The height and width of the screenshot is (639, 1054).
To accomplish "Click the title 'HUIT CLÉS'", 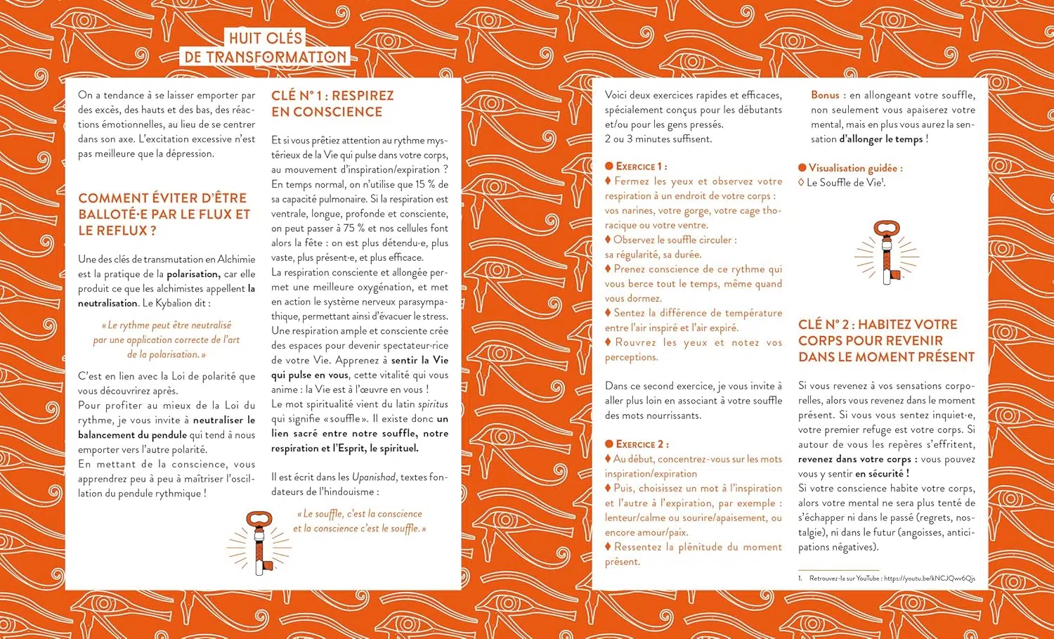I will point(266,38).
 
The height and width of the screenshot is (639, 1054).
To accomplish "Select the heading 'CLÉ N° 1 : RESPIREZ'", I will point(332,96).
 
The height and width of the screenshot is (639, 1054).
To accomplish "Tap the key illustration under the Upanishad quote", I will point(259,542).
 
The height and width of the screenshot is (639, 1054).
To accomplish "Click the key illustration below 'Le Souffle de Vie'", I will point(887,251).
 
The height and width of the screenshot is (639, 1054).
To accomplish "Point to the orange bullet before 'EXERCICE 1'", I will point(609,167).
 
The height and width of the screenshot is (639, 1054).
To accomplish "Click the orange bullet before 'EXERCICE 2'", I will point(609,444).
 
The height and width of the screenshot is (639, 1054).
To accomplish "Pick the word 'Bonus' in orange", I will point(825,95).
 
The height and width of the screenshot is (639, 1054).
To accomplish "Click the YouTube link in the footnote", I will point(929,579).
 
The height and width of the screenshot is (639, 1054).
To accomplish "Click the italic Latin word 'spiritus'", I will point(433,404).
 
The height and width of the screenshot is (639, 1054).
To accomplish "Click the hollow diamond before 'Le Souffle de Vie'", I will point(801,183).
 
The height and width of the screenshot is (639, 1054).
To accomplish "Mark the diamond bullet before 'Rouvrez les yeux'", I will point(609,342).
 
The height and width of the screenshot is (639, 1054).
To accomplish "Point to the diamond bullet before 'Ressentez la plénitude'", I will point(609,547).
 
